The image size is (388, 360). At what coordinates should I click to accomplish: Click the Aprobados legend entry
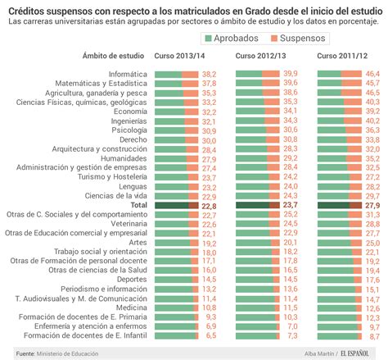[232, 39]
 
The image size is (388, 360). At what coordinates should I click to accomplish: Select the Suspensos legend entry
[298, 39]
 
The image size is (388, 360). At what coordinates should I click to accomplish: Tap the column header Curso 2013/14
[179, 56]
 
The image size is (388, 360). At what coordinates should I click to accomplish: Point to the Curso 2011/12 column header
[342, 56]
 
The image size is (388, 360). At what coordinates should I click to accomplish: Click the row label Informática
[128, 74]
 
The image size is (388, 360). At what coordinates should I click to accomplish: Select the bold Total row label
[139, 205]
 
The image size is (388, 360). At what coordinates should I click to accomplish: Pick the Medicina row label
[132, 308]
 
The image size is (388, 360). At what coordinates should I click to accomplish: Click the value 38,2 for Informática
[209, 75]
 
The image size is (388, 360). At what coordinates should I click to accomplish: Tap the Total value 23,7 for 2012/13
[291, 205]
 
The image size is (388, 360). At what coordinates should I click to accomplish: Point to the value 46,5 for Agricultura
[372, 93]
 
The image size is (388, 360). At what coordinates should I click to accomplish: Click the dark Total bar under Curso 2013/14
[177, 206]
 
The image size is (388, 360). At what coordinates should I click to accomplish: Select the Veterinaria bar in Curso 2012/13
[258, 224]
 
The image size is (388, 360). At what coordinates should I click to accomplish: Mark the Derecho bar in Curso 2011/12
[340, 140]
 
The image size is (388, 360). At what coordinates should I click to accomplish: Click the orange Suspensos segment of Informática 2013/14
[190, 75]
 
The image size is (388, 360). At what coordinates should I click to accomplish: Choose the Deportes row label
[132, 280]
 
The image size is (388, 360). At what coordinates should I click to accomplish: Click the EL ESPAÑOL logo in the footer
[354, 353]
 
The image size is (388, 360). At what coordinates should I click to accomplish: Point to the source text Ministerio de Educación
[67, 353]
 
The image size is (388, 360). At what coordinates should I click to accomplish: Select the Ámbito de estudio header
[113, 56]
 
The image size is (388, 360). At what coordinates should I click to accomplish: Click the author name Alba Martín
[319, 353]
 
